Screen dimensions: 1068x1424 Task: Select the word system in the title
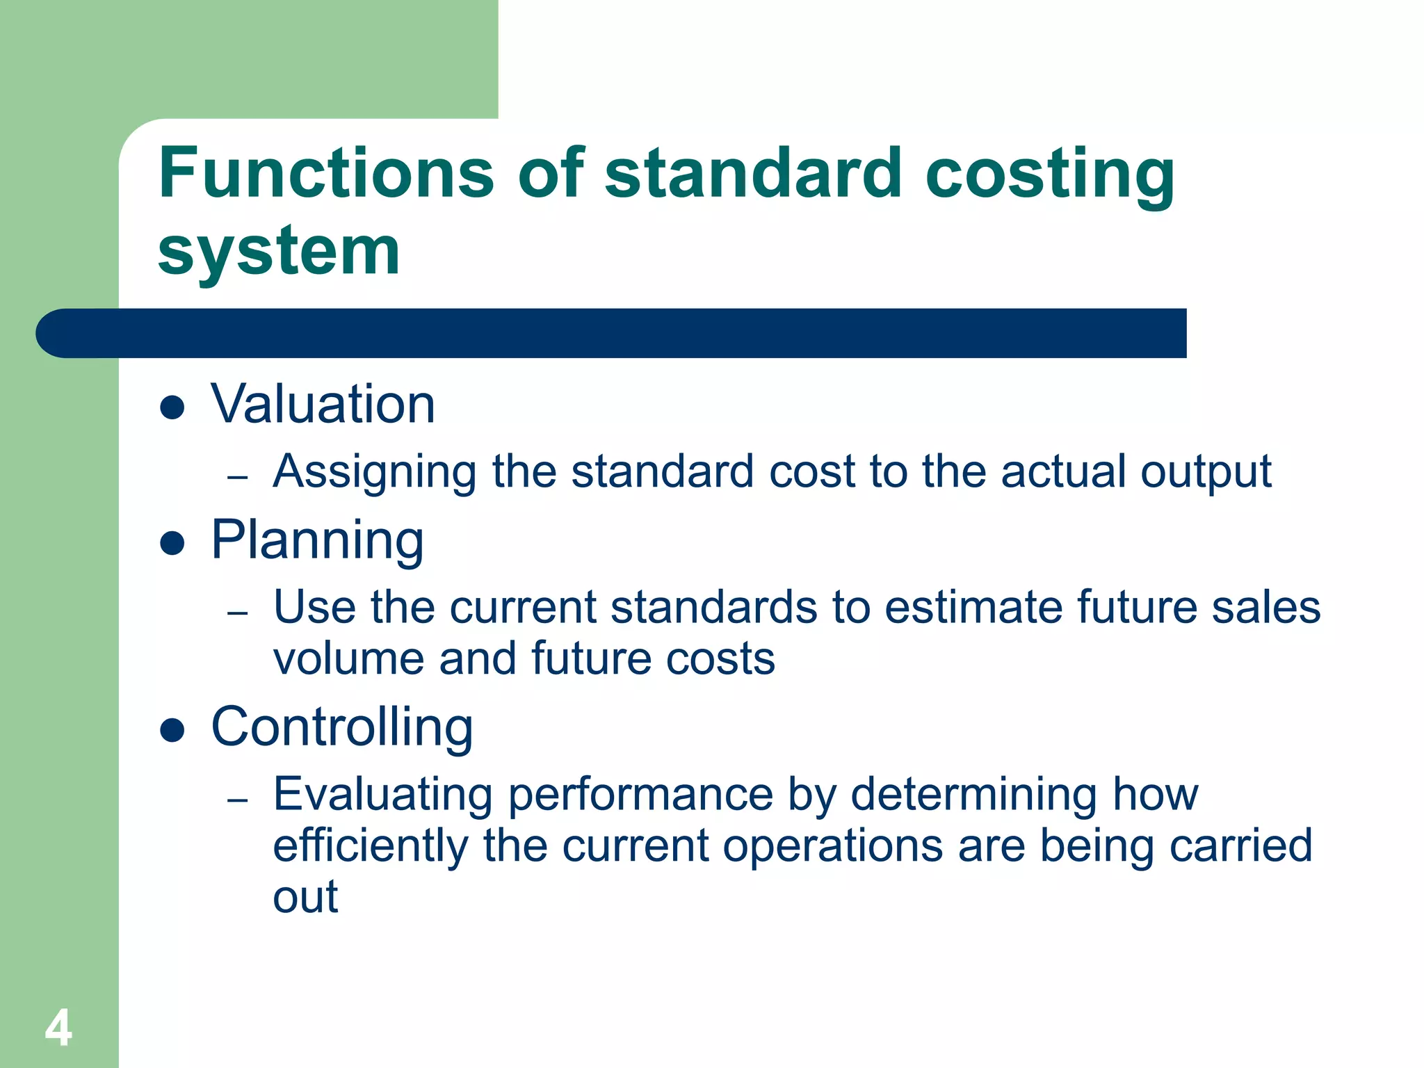pos(279,252)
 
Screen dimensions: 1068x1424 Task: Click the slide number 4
pos(58,1028)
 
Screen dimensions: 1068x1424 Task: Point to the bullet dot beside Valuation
pos(172,407)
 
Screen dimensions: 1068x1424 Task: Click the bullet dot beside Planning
pos(172,543)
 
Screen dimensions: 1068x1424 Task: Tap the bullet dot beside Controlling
pos(172,730)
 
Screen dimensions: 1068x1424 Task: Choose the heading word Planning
pos(317,540)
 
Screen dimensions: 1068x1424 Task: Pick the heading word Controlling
pos(342,727)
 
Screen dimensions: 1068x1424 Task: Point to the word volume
pos(348,658)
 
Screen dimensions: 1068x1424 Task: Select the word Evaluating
pos(383,794)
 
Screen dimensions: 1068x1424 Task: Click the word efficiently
pos(371,846)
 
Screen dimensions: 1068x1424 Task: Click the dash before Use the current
pos(238,613)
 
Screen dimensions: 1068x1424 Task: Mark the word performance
pos(640,795)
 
